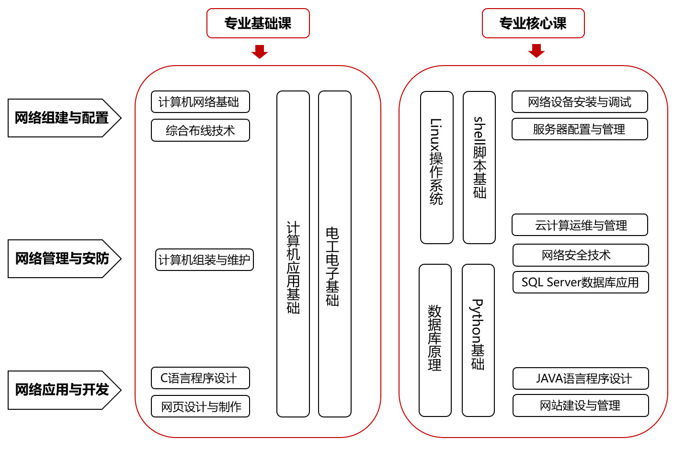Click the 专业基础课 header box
(258, 23)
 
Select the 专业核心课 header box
(533, 23)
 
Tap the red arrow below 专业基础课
(259, 51)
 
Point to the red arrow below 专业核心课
(536, 50)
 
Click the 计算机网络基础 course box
(200, 102)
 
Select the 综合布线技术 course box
(200, 130)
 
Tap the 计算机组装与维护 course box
(204, 260)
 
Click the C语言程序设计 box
(200, 378)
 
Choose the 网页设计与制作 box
(200, 406)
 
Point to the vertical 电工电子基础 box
(334, 254)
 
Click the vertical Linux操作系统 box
(436, 168)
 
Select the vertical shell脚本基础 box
(479, 168)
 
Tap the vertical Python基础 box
(478, 340)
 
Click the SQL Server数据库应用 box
(581, 282)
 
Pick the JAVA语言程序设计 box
(581, 379)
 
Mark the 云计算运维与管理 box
(580, 225)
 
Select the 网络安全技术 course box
(581, 255)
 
